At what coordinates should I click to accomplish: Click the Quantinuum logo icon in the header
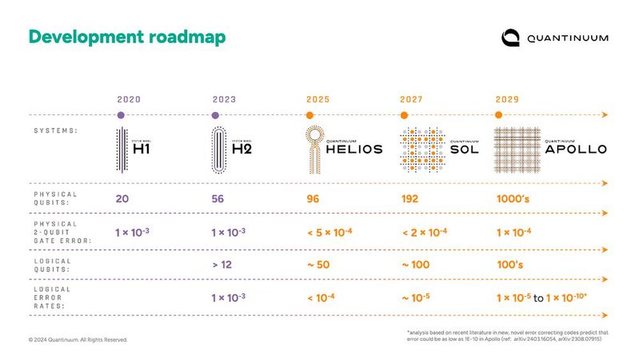click(x=511, y=38)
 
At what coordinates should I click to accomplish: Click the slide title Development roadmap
click(x=127, y=37)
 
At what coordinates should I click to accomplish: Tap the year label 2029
click(x=506, y=100)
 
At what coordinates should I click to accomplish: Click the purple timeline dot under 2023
click(x=215, y=115)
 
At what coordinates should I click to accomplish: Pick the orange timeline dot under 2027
click(x=405, y=115)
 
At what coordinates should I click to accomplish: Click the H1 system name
click(x=141, y=148)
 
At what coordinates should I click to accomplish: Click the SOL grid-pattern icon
click(x=418, y=150)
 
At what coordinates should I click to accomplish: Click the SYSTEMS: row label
click(x=55, y=130)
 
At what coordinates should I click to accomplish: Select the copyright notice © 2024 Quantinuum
click(x=77, y=340)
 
